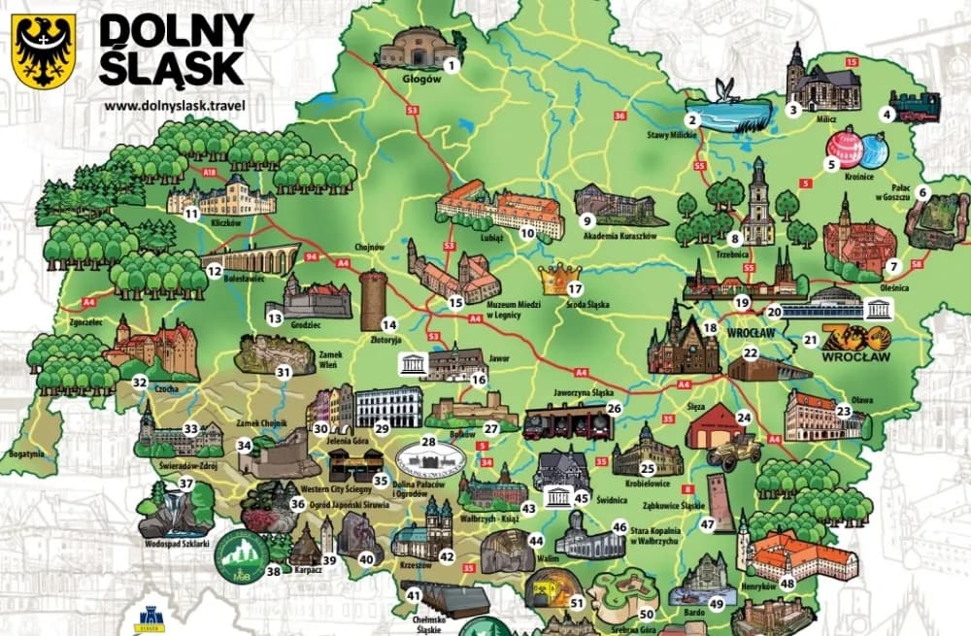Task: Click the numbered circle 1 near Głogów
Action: pos(451,65)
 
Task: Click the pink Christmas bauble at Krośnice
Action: pos(843,147)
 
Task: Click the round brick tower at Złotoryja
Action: pos(373,301)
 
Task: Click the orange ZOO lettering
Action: pos(854,337)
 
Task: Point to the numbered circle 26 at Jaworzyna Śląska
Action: pos(614,409)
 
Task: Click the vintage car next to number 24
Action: pos(734,451)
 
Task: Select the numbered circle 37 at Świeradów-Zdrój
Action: pos(186,483)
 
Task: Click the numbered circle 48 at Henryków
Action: pos(787,583)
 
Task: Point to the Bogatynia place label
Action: pos(21,453)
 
